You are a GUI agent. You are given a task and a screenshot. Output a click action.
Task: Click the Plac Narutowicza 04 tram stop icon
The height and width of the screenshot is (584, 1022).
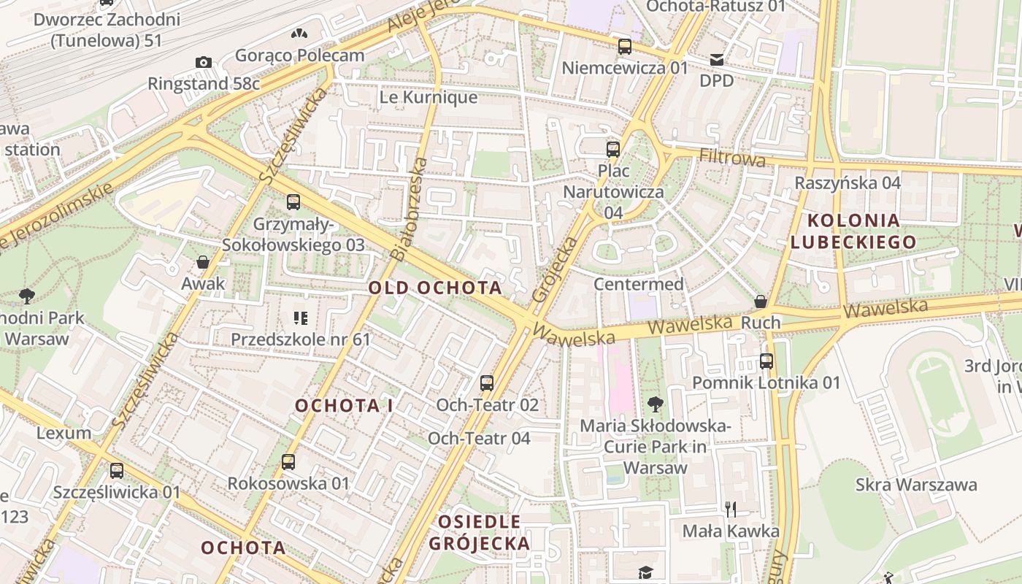point(613,150)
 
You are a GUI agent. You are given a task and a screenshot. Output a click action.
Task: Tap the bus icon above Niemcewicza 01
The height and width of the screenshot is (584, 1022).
point(625,47)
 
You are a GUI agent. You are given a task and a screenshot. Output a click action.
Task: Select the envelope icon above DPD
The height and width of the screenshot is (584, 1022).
point(716,59)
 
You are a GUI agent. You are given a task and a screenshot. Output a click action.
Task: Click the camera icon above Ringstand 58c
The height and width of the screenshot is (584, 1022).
point(204,62)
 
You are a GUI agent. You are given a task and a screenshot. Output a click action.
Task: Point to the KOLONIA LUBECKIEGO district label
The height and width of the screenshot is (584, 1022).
point(862,231)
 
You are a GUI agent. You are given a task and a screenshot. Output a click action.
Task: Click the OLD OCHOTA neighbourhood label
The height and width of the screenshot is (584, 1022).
point(435,288)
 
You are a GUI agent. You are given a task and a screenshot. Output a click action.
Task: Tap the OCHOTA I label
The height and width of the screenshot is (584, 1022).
point(344,406)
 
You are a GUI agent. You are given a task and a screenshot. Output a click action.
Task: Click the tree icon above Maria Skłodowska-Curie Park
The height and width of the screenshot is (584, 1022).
point(656,404)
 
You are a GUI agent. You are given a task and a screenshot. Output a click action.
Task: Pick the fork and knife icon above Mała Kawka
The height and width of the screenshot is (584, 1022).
point(731,508)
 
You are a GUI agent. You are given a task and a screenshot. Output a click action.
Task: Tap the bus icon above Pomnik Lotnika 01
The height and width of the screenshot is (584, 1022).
point(766,361)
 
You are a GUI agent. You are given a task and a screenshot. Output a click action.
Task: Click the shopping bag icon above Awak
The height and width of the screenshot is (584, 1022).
point(203,262)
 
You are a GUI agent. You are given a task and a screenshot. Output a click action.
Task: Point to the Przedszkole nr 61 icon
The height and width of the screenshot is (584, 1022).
point(300,318)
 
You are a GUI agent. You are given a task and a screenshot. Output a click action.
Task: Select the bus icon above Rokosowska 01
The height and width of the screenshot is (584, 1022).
point(288,461)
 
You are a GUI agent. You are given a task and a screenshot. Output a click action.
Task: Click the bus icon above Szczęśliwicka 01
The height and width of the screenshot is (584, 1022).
point(116,471)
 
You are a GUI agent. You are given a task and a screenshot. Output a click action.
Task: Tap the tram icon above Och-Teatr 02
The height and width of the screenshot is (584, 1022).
point(487,383)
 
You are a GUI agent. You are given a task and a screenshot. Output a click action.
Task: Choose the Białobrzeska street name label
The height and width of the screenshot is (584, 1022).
point(409,208)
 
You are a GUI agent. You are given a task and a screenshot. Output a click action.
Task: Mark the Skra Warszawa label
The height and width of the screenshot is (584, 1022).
point(916,485)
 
